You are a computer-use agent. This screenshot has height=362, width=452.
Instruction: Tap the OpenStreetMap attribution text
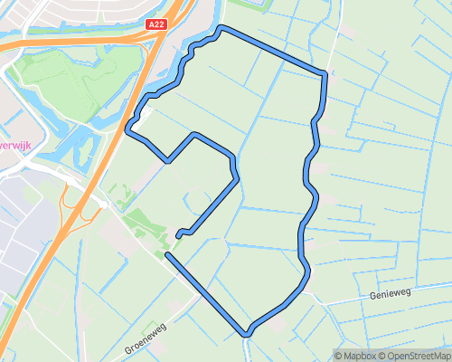point(420,355)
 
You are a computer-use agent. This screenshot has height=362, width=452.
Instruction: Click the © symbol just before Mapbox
point(339,355)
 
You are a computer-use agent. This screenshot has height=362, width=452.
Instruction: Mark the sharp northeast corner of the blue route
point(324,72)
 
